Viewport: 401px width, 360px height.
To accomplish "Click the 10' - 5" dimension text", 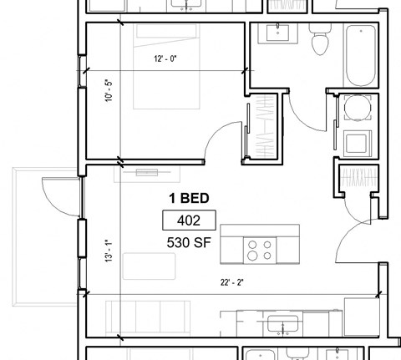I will pos(107,89).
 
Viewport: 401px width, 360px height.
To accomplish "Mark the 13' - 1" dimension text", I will pos(107,251).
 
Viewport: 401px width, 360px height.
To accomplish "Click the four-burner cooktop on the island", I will pos(260,248).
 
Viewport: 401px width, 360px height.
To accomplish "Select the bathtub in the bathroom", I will pos(362,55).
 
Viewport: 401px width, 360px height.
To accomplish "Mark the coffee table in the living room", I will pos(150,268).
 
